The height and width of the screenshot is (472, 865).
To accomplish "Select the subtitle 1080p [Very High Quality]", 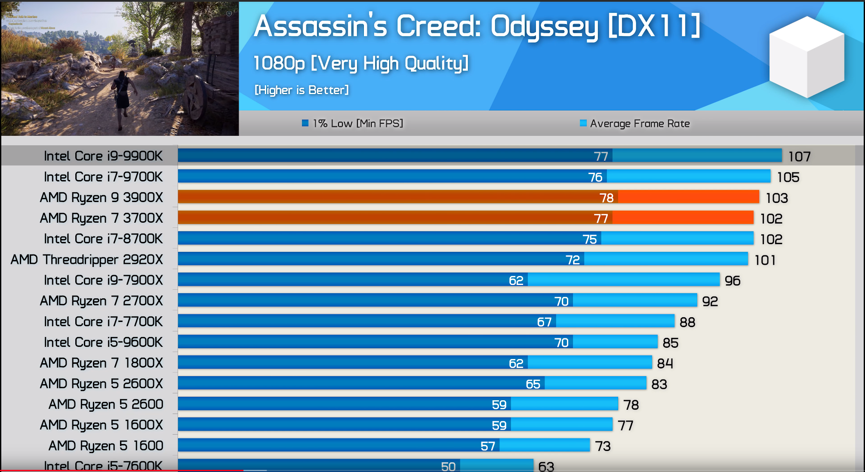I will pos(360,64).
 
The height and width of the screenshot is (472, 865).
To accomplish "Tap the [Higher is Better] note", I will pos(302,90).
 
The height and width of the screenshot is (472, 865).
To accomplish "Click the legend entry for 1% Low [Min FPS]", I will pos(353,123).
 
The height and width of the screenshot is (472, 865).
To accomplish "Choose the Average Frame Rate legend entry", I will pos(635,123).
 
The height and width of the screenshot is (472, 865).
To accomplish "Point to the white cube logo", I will pos(807,57).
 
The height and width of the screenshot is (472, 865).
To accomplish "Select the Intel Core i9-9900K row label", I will pos(103,156).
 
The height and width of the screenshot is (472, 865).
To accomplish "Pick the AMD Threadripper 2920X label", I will pos(87,259).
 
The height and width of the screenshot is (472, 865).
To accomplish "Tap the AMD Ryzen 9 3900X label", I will pos(102,197).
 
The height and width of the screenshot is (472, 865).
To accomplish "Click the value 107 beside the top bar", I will pos(799,156).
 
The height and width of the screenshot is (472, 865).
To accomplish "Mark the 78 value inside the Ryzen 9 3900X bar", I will pos(606,198).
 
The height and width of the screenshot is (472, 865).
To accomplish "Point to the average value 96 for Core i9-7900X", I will pos(733,281).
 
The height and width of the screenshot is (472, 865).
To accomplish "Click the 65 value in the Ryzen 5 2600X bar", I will pos(533,384).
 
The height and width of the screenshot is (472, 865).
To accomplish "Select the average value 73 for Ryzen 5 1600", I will pos(603,446).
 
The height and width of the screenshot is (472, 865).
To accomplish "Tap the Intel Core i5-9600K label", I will pos(103,342).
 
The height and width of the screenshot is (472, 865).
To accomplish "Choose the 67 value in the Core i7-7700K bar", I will pos(544,322).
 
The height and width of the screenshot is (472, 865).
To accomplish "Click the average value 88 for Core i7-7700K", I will pos(687,322).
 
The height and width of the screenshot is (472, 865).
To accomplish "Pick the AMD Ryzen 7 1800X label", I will pos(102,363).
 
